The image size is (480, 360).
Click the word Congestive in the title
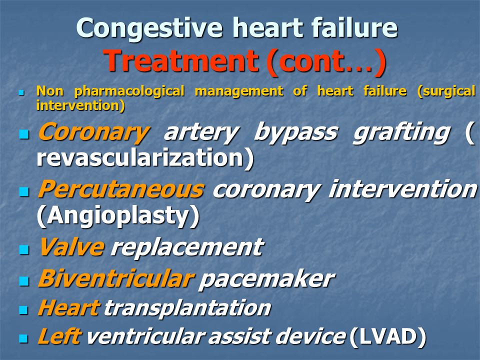[x=149, y=28]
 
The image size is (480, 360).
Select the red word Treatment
[x=180, y=60]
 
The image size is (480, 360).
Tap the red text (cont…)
[x=326, y=61]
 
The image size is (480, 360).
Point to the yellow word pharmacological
[x=129, y=91]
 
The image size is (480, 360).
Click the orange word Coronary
[x=93, y=132]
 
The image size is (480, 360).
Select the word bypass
[x=295, y=132]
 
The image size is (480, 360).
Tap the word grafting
[x=401, y=132]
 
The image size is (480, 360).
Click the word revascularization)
[x=145, y=157]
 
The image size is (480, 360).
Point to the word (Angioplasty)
[x=118, y=216]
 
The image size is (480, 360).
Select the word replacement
[x=187, y=247]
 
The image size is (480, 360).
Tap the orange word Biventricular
[x=116, y=278]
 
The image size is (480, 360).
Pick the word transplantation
[x=187, y=307]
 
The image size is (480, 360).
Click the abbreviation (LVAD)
[x=387, y=336]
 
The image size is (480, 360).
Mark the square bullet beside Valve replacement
[x=24, y=249]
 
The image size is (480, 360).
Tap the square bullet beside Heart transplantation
[x=23, y=310]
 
